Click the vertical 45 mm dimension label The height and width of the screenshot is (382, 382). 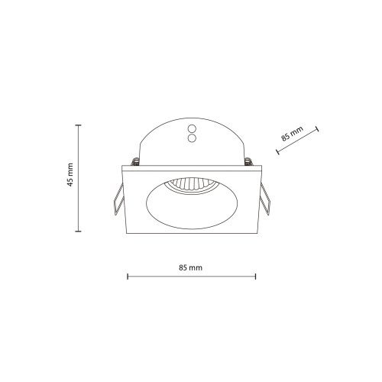(70, 175)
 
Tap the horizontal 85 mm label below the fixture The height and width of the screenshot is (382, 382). (190, 267)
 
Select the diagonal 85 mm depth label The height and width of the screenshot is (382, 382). (293, 134)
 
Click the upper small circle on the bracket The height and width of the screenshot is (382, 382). (192, 128)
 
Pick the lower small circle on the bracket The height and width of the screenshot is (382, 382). (192, 138)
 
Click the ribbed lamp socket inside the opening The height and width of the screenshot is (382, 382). (191, 184)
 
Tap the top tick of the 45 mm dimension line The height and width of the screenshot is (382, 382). (78, 125)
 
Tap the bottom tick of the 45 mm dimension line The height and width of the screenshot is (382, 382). (78, 231)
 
